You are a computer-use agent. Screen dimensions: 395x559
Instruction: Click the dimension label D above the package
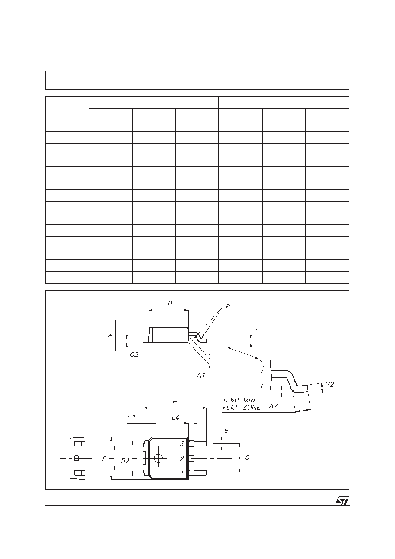coord(170,303)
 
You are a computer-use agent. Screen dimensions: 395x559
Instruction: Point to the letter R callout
coord(228,307)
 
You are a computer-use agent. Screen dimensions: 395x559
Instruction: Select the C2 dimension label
coord(134,355)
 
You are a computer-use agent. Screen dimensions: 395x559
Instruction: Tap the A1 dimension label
coord(201,375)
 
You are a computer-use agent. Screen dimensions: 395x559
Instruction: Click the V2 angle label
coord(329,385)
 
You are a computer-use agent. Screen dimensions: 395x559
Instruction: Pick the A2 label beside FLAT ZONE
coord(273,406)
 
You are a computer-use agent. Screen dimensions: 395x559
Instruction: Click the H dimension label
coord(175,402)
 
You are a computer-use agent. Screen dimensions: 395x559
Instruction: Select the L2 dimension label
coord(131,417)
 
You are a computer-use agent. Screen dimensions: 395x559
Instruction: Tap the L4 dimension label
coord(175,417)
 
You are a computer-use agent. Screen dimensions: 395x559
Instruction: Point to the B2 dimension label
coord(125,461)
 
